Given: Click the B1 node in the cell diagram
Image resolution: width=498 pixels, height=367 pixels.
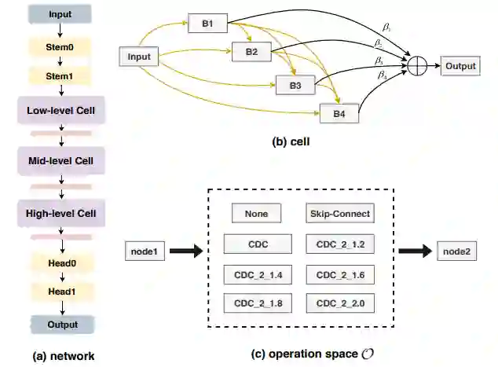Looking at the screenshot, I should click(207, 24).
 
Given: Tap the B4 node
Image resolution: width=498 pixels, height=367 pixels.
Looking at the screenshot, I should click(339, 114).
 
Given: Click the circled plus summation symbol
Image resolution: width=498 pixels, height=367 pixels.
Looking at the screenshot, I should click(416, 67).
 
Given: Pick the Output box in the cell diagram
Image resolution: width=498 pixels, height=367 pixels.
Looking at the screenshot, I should click(460, 66).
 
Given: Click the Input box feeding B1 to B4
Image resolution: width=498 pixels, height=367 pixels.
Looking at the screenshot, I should click(138, 56).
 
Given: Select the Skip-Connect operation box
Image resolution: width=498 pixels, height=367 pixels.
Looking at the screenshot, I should click(338, 213).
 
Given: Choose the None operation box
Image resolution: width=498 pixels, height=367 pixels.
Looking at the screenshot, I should click(256, 213).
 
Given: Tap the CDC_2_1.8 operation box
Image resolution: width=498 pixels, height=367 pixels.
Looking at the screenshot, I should click(256, 303).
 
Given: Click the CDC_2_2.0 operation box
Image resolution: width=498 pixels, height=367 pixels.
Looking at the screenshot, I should click(338, 303).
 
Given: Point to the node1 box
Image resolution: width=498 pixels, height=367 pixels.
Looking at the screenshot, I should click(145, 251).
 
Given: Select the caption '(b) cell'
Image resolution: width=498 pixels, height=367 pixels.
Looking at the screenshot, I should click(291, 142).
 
